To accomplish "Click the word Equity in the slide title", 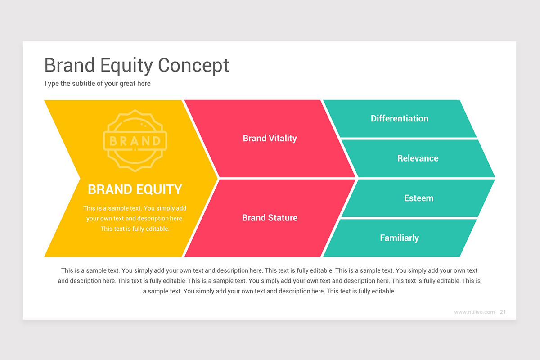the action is [x=126, y=66].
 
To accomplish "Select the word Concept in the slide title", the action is [x=193, y=66].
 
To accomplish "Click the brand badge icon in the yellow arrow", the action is [x=135, y=141].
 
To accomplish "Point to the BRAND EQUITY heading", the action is [x=135, y=189].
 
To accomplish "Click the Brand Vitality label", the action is [x=270, y=139].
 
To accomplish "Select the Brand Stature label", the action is [x=270, y=218].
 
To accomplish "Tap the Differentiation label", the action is [x=400, y=118].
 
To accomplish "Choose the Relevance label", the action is [x=418, y=158].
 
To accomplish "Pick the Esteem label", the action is [x=419, y=198].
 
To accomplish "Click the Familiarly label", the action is [x=400, y=238].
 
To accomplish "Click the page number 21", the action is [x=503, y=312].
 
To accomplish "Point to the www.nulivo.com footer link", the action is [x=474, y=312].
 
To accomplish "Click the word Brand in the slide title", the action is [x=70, y=65].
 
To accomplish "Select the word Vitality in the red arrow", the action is [x=283, y=139].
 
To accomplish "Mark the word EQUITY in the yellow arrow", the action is [x=159, y=189].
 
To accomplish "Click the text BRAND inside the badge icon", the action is [x=135, y=141].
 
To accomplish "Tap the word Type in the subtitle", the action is [x=51, y=84].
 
